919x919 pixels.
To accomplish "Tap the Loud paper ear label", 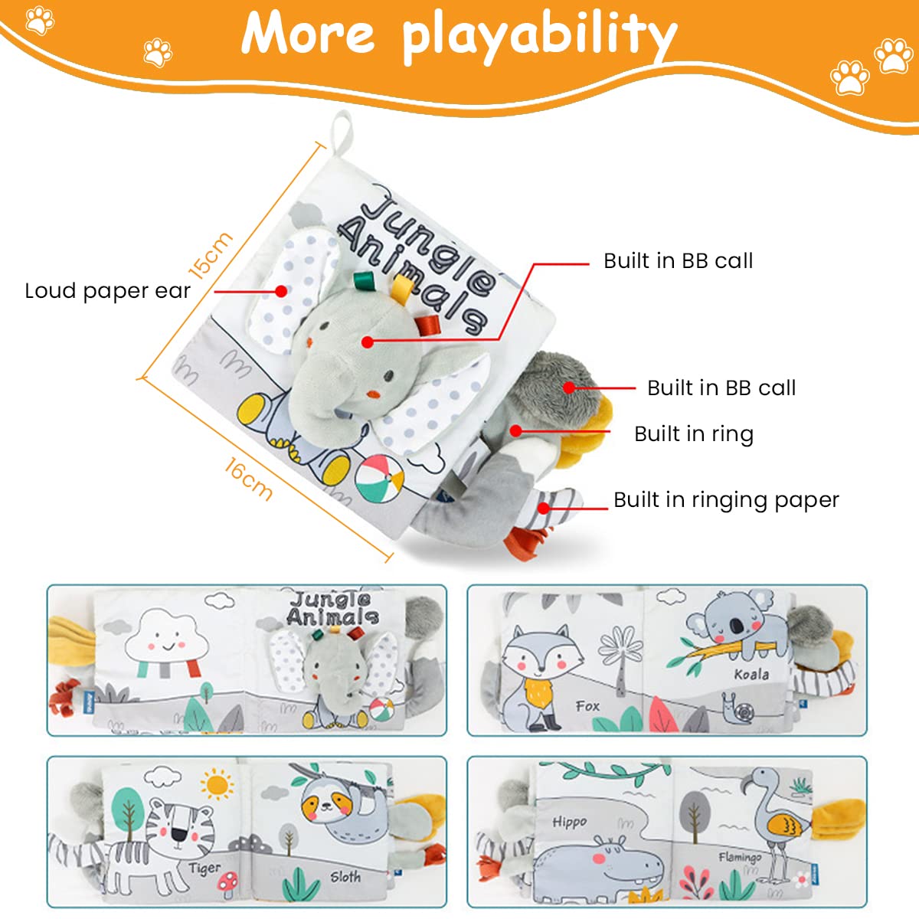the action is point(107,290).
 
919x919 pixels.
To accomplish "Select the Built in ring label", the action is point(694,434).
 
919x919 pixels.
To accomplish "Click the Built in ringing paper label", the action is point(726,500).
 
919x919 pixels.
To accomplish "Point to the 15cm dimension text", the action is point(211,256).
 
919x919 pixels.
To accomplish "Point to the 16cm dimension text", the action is point(248,479).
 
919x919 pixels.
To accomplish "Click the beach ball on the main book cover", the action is point(379,479).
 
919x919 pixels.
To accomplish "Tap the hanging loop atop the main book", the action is point(341,133).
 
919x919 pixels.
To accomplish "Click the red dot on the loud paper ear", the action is point(281,291).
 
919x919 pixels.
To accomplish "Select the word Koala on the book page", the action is point(751,675).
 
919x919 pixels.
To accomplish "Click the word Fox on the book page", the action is point(587,706).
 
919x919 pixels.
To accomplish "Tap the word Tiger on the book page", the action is point(204,868).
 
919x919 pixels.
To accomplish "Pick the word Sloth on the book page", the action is point(345,877).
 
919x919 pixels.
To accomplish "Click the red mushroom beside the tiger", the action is point(227,880).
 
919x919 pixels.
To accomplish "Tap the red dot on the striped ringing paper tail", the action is point(543,508).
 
